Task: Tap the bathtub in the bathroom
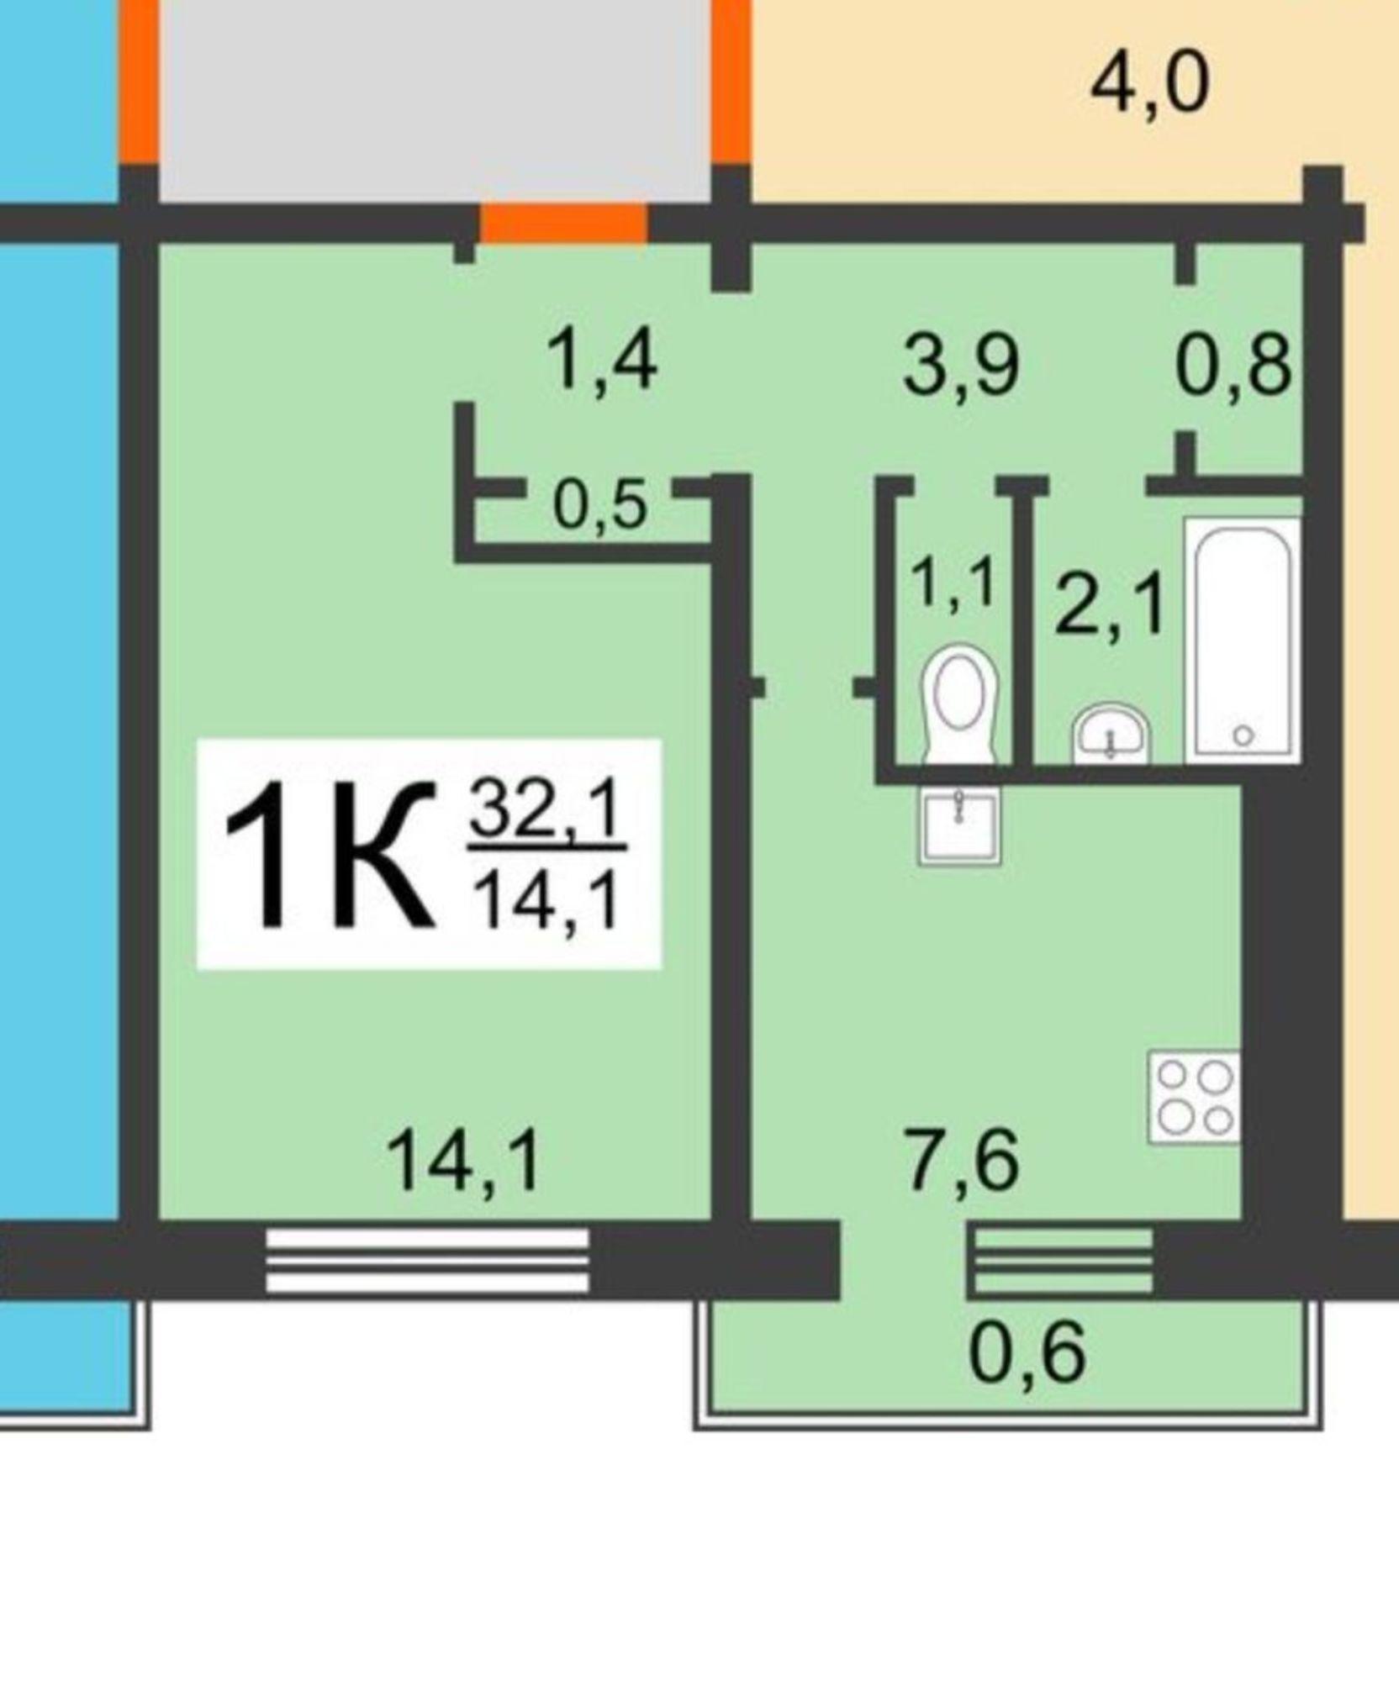pyautogui.click(x=1243, y=640)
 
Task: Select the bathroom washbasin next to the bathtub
pyautogui.click(x=1111, y=733)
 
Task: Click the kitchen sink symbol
pyautogui.click(x=959, y=825)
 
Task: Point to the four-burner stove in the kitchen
pyautogui.click(x=1195, y=1097)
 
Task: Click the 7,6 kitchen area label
pyautogui.click(x=963, y=1161)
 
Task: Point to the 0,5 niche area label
pyautogui.click(x=600, y=507)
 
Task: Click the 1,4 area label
pyautogui.click(x=602, y=361)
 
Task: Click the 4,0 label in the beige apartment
pyautogui.click(x=1150, y=82)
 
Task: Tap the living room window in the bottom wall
pyautogui.click(x=427, y=1260)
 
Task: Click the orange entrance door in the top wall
pyautogui.click(x=563, y=223)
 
